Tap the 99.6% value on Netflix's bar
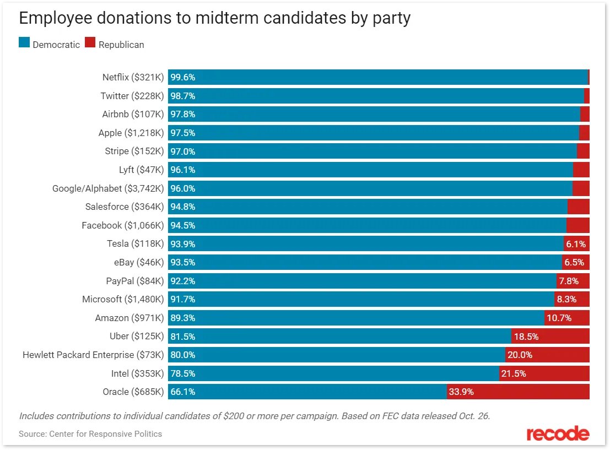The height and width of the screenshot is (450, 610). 183,78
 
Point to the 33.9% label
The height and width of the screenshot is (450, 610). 462,392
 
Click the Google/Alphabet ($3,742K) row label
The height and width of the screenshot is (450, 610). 108,188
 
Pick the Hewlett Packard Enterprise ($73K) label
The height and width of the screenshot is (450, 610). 93,355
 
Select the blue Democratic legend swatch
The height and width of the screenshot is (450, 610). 24,44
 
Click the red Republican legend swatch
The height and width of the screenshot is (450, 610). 90,44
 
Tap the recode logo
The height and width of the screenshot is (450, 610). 558,433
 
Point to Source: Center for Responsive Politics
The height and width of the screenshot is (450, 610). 90,434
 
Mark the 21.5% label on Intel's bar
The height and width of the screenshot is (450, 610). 514,373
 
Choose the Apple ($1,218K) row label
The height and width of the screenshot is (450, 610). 131,133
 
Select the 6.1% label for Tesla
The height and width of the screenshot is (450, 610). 576,244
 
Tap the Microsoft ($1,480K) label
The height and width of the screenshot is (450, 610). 123,299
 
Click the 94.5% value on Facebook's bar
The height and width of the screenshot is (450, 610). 183,225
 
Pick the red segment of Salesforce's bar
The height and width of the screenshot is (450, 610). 579,207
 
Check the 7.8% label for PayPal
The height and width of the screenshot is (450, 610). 569,281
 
